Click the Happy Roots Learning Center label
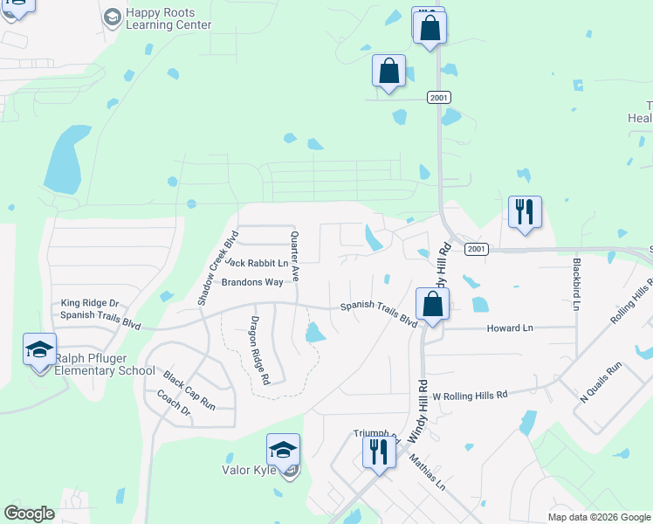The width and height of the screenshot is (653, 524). (x=168, y=18)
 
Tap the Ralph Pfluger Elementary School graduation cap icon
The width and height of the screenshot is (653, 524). (x=39, y=349)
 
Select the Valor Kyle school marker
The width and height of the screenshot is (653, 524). (x=283, y=450)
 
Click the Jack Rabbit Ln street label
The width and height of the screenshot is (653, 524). (x=256, y=262)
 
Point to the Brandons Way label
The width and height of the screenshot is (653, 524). (x=252, y=282)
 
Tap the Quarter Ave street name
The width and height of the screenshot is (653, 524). (x=295, y=256)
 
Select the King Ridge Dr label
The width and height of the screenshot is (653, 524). (x=89, y=303)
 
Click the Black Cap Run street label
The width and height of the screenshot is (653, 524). (x=189, y=390)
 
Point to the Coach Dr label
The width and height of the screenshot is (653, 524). (x=174, y=402)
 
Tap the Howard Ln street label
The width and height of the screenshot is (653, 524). (x=509, y=328)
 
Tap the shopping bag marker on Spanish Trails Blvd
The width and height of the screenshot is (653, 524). (x=432, y=305)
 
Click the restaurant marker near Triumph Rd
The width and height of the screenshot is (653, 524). (x=379, y=452)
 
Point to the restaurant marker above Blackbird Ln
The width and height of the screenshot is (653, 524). (x=525, y=212)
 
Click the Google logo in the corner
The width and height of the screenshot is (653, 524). (x=30, y=514)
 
